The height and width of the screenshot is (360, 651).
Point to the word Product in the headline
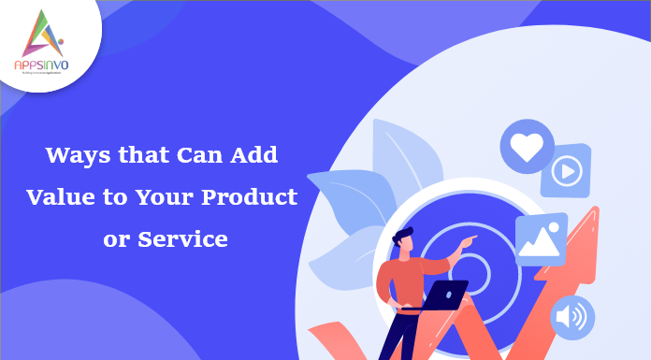coord(254,197)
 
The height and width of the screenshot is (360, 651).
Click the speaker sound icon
coord(569,316)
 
